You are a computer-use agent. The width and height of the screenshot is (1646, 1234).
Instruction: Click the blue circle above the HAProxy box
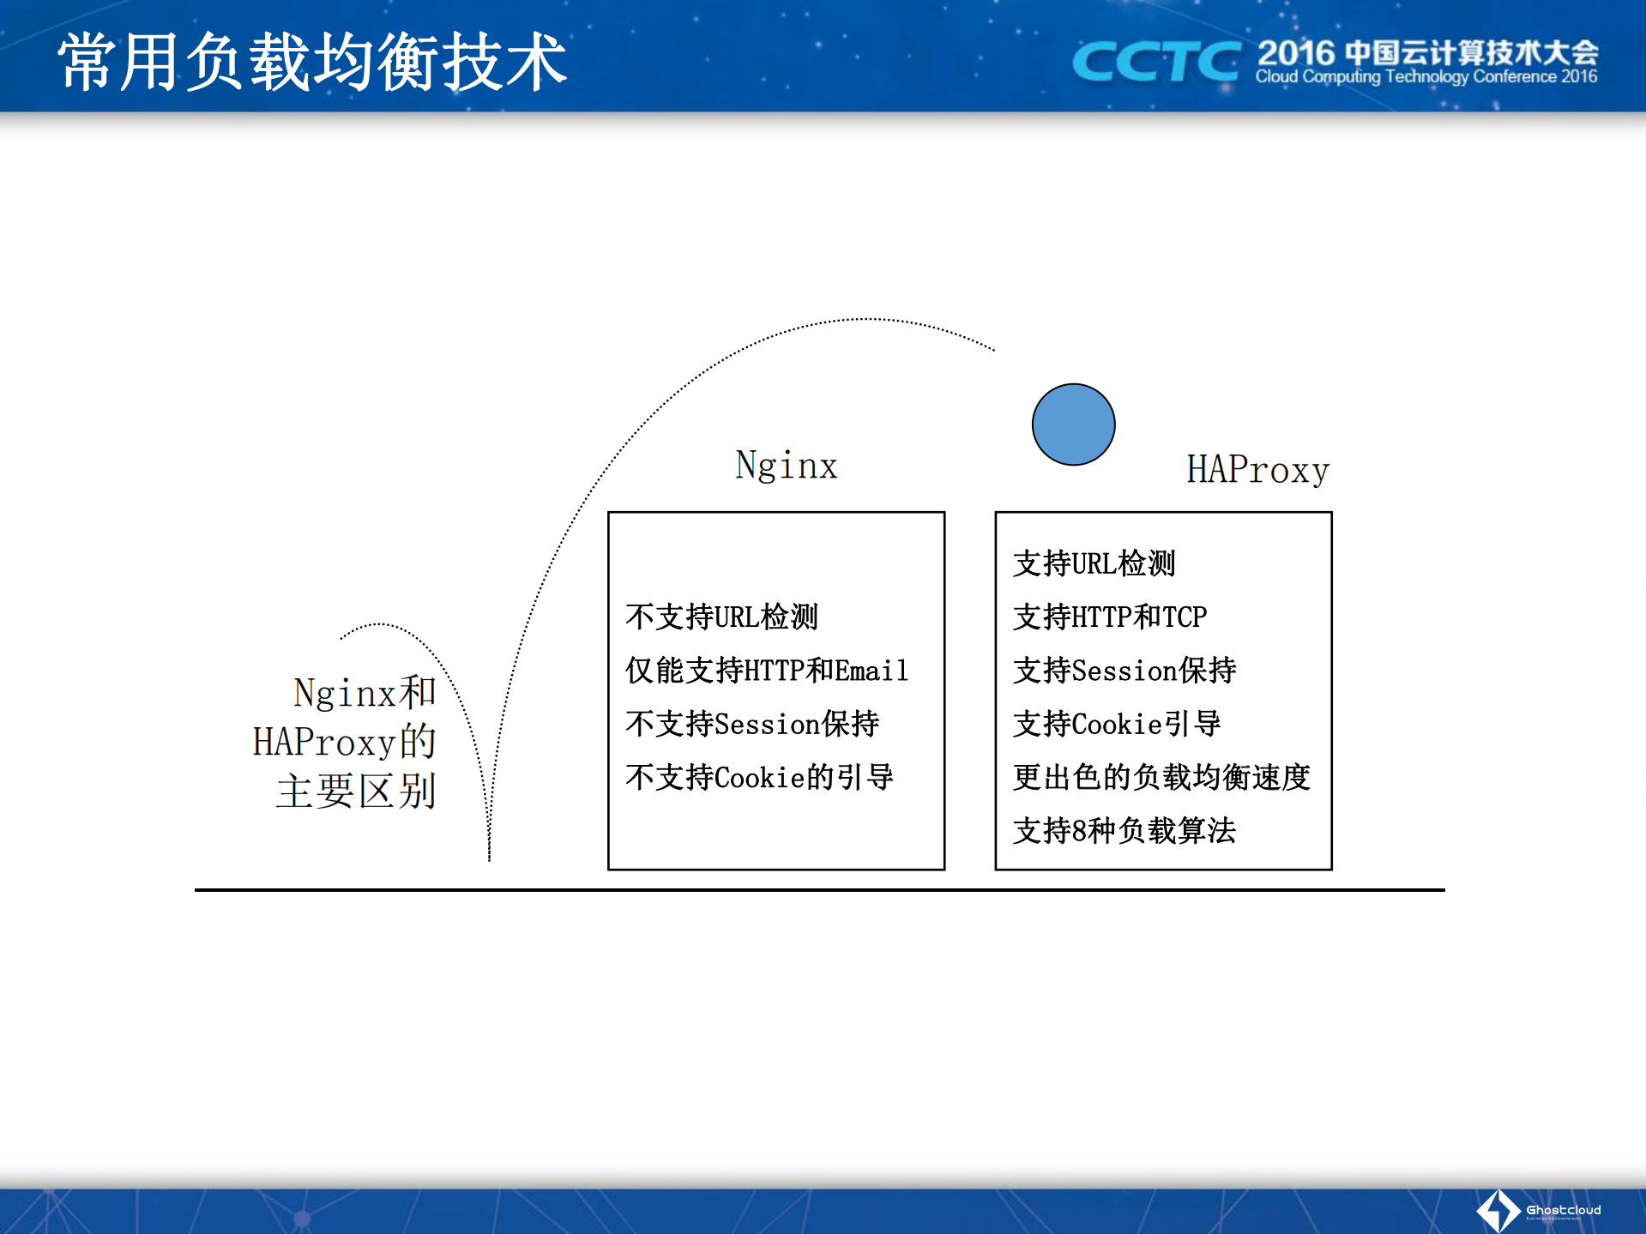point(1073,424)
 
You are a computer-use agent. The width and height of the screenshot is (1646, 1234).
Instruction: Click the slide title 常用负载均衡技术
point(312,62)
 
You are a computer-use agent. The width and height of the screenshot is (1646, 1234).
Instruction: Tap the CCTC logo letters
point(1155,62)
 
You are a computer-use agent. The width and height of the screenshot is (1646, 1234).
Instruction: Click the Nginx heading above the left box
point(786,466)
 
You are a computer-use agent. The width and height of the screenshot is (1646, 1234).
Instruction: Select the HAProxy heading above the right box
point(1257,470)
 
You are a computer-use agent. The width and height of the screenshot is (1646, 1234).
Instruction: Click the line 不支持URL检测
point(721,617)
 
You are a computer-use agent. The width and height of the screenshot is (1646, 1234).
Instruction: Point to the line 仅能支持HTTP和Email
point(766,670)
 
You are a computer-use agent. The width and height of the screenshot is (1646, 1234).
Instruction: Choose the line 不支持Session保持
point(752,724)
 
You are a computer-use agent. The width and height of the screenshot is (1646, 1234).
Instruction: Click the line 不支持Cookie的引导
point(759,777)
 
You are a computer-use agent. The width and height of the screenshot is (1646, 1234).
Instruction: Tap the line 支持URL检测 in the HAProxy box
point(1094,563)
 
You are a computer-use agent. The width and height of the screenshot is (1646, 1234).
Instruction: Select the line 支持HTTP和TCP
point(1110,617)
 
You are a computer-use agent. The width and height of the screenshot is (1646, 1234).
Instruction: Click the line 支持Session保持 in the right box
point(1124,670)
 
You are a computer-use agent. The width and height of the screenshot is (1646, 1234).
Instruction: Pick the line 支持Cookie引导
point(1117,724)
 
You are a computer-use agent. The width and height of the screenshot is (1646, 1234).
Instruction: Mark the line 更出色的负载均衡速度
point(1161,777)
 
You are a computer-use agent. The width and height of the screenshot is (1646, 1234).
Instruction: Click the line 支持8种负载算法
point(1124,830)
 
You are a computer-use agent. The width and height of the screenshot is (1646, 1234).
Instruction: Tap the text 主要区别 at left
point(356,791)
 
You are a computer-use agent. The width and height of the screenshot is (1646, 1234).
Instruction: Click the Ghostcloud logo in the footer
point(1538,1210)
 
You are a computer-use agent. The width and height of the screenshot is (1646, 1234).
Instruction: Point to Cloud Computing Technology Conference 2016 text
point(1426,77)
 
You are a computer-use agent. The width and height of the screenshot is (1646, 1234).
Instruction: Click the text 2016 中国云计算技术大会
point(1427,52)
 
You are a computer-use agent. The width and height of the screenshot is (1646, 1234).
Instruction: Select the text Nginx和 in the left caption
point(365,692)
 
